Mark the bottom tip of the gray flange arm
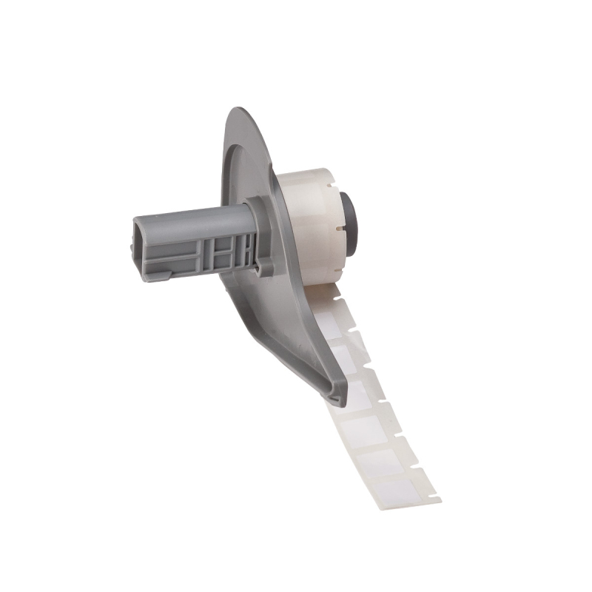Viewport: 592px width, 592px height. tap(339, 404)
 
